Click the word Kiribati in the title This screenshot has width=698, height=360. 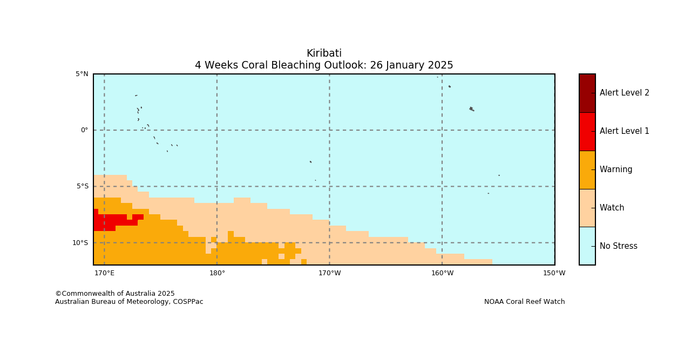click(x=324, y=53)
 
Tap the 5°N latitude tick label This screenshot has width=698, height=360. click(x=82, y=74)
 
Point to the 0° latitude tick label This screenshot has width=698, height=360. click(x=84, y=130)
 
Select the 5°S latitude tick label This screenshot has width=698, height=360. click(x=83, y=186)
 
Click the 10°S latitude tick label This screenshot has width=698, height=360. click(x=80, y=242)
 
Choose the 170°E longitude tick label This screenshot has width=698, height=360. click(x=104, y=273)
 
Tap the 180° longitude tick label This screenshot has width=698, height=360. click(x=217, y=273)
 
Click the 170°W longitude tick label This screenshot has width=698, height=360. click(x=330, y=273)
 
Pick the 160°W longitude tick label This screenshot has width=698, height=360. click(x=443, y=273)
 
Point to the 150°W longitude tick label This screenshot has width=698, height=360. click(x=554, y=273)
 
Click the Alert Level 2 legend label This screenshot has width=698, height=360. click(x=625, y=93)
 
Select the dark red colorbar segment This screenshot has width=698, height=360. click(x=587, y=93)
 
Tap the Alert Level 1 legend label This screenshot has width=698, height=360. click(x=625, y=131)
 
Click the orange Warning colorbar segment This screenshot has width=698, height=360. click(x=587, y=170)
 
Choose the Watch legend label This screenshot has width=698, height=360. click(x=612, y=208)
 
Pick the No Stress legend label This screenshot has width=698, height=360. click(x=619, y=246)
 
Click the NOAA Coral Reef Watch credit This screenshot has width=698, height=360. click(x=524, y=302)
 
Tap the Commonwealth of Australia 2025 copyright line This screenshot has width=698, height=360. click(x=115, y=294)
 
